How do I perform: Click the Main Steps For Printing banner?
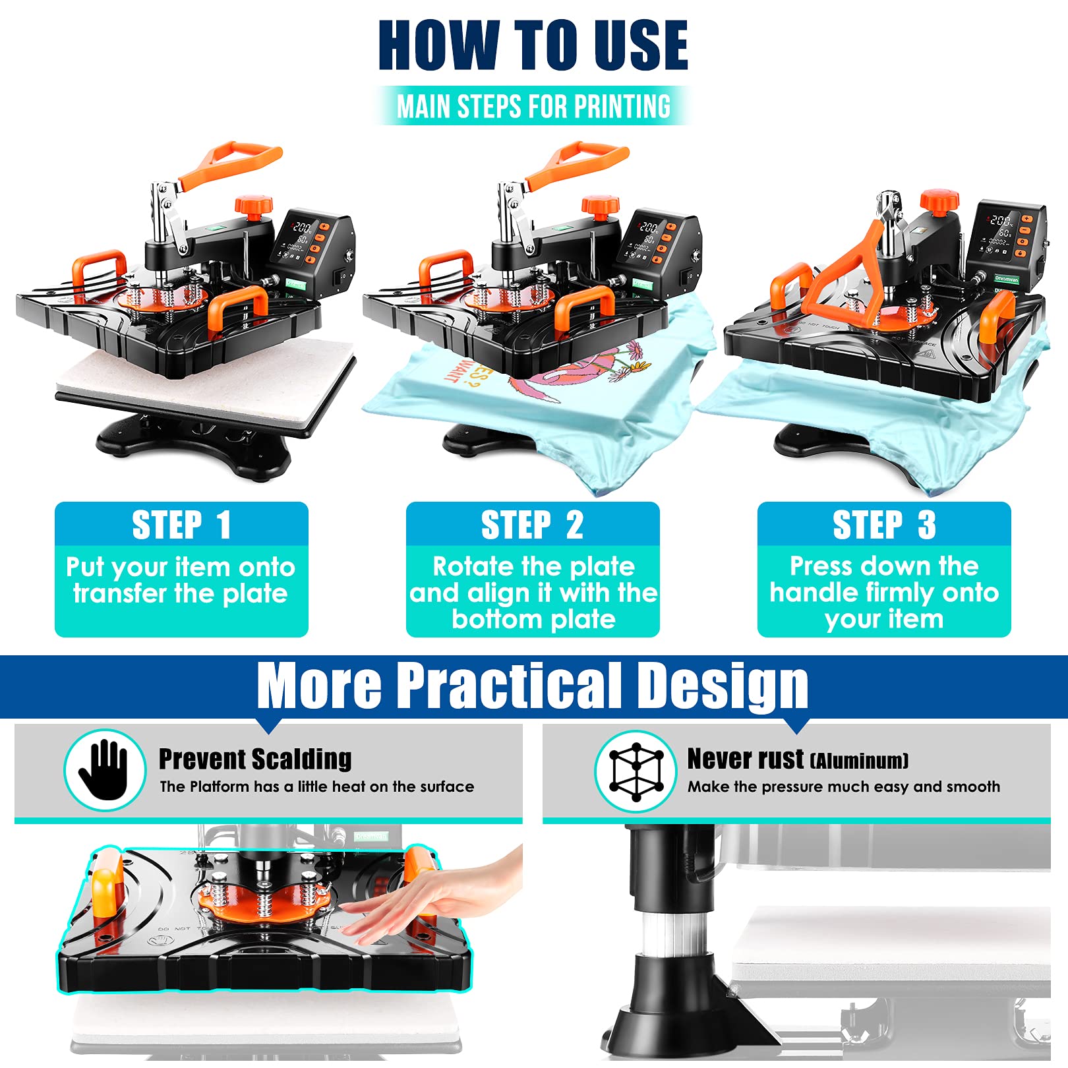[x=533, y=106]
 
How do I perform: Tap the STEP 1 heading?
[x=181, y=525]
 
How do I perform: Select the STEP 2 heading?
[x=532, y=525]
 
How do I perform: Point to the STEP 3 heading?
[x=883, y=525]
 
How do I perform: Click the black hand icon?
[x=104, y=769]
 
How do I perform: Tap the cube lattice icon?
[x=636, y=771]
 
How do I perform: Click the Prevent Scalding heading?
[x=255, y=759]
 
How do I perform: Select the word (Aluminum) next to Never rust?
[x=859, y=761]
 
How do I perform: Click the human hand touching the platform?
[x=429, y=903]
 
